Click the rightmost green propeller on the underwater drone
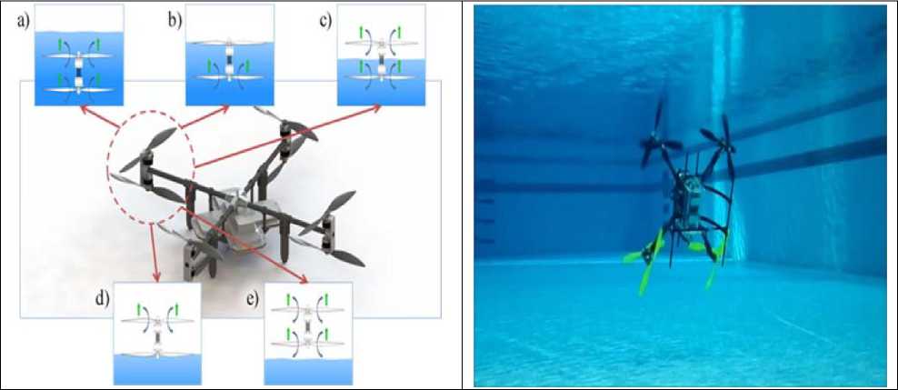coord(715,264)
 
